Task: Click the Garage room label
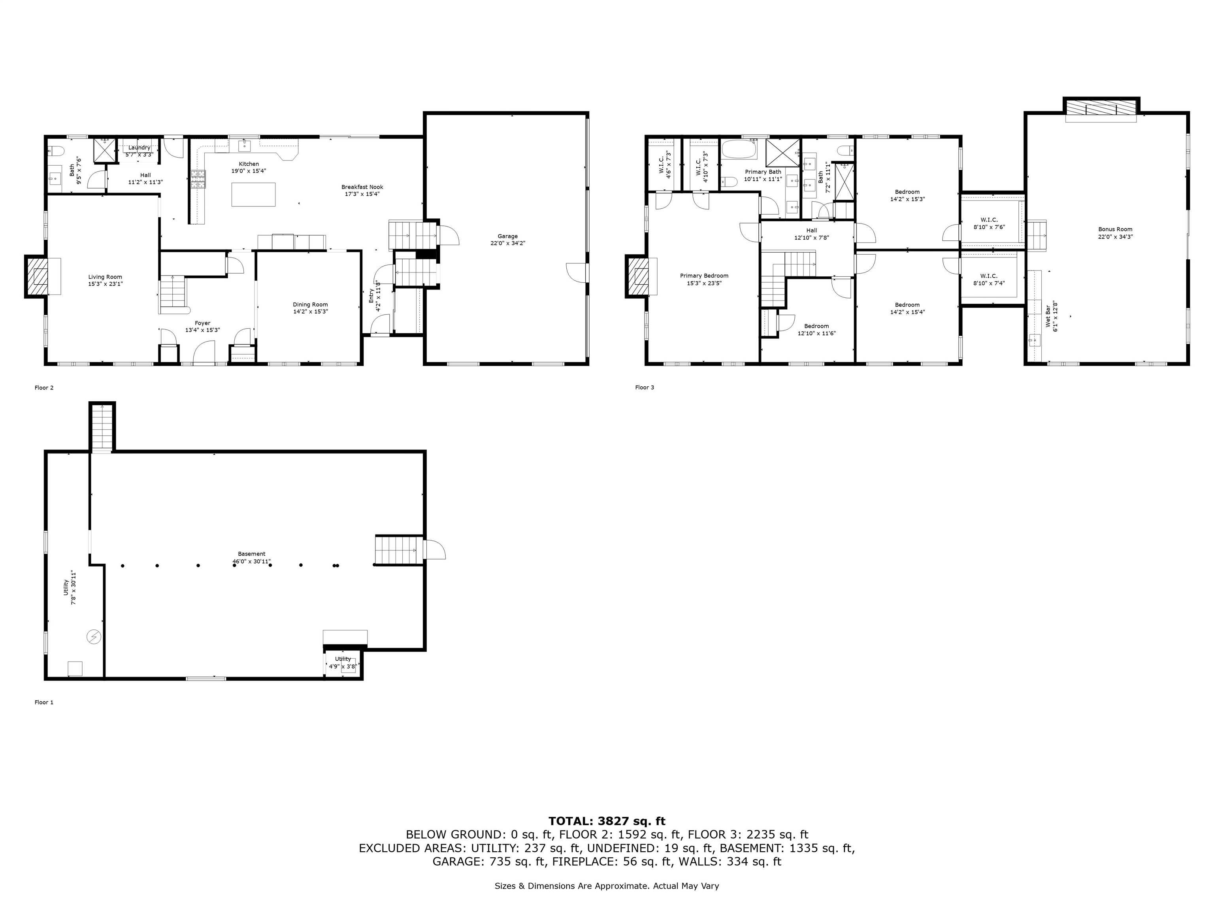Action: [508, 236]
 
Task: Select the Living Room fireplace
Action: [36, 276]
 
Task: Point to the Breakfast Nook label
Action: [362, 187]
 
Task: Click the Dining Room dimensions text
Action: [311, 311]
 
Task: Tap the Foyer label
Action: [202, 323]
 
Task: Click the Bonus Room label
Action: [1115, 230]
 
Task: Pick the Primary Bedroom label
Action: [704, 276]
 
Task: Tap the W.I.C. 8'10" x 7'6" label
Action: [989, 223]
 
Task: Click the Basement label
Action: [251, 554]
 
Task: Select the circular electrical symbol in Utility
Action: [94, 637]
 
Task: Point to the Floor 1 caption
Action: [44, 702]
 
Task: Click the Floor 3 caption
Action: [645, 387]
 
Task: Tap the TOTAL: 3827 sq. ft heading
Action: [607, 821]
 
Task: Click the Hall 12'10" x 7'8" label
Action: [812, 234]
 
